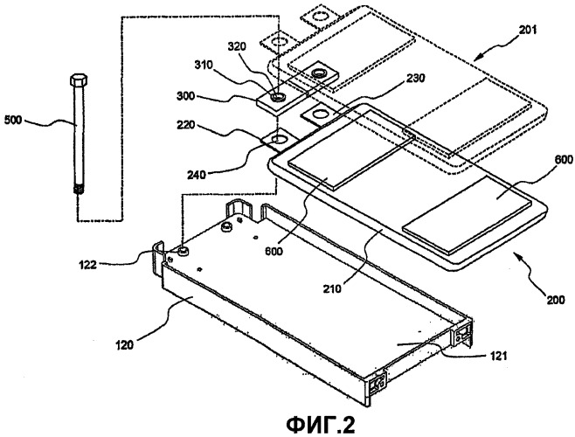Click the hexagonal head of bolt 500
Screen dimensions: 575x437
point(78,80)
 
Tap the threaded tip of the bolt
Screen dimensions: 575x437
point(78,190)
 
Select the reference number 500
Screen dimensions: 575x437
point(12,120)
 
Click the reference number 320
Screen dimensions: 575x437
point(237,47)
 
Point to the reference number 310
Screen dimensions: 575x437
point(204,65)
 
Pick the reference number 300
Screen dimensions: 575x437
point(186,96)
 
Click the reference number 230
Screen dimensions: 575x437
point(415,78)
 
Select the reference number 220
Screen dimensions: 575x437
point(187,126)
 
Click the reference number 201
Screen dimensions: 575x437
point(527,30)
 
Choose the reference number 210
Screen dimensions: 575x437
point(332,288)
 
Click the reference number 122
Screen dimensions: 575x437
point(87,264)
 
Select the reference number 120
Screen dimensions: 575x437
point(125,345)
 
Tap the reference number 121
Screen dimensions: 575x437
point(497,355)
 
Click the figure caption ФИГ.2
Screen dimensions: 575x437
point(321,425)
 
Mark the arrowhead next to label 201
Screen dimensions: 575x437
point(476,59)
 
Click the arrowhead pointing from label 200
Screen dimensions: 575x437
point(516,255)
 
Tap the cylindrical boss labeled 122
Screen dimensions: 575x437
point(183,251)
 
